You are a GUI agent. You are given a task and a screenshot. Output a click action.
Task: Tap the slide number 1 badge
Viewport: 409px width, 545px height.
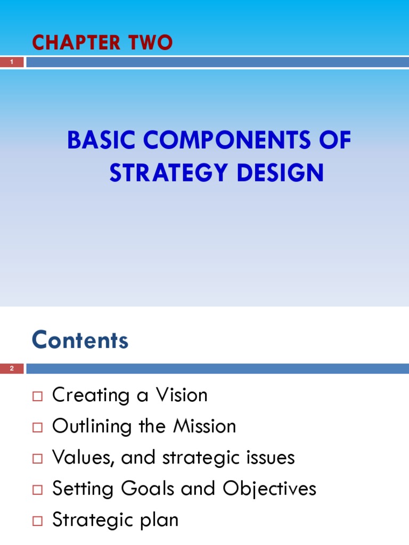coord(12,63)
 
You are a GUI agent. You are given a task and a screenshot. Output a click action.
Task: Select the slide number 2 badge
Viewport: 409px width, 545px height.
coord(12,369)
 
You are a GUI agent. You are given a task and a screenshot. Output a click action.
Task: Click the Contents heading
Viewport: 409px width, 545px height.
coord(80,340)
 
